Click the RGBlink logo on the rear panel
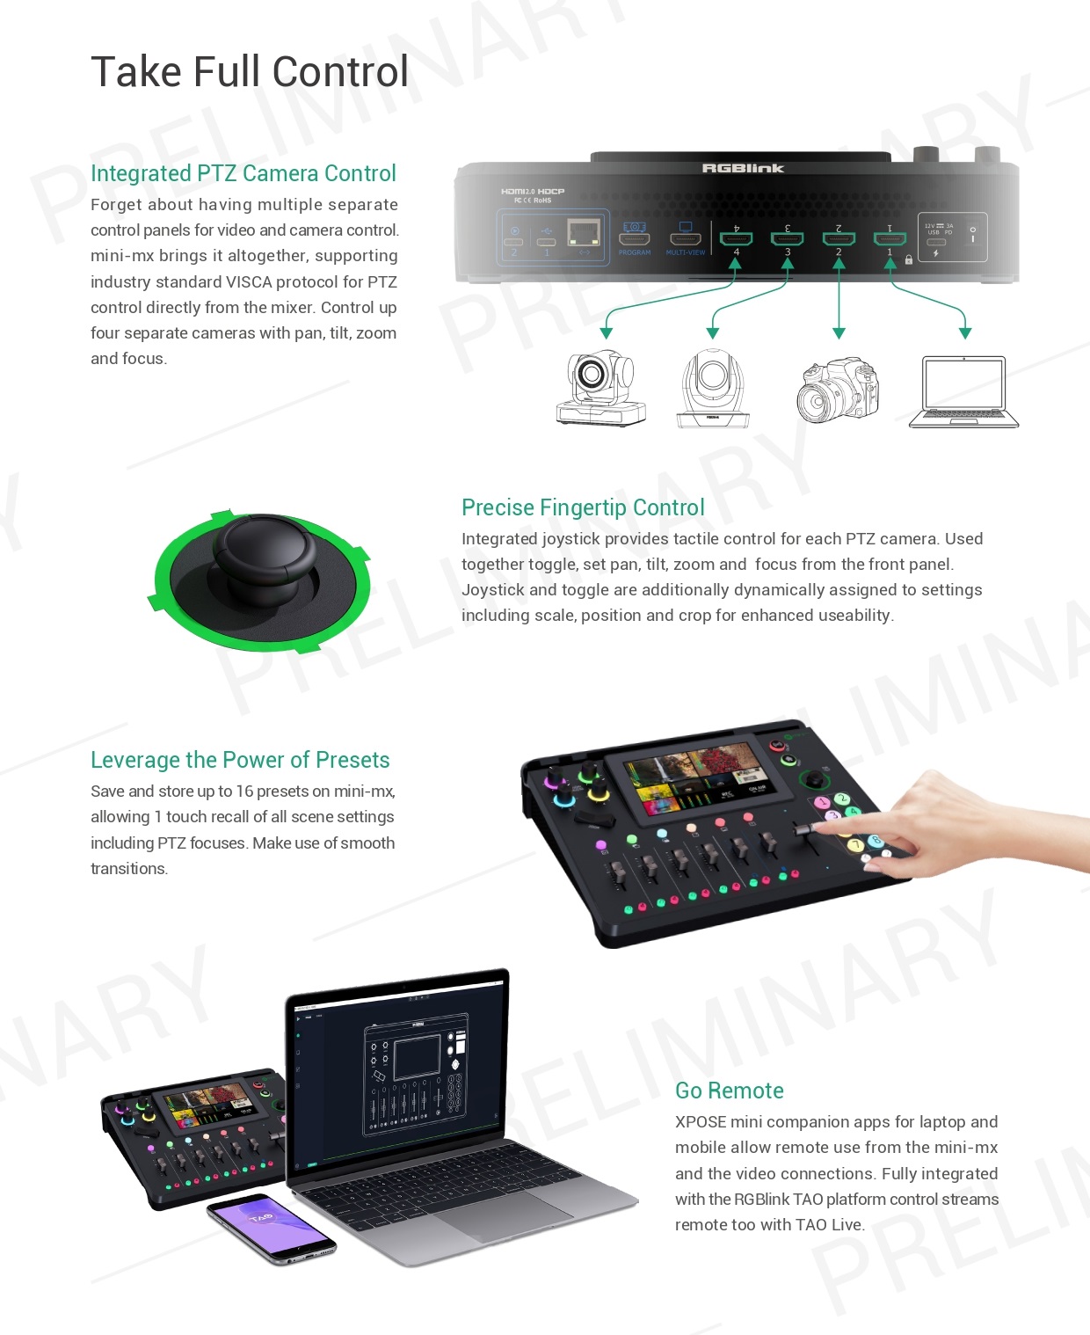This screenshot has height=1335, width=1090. coord(743,168)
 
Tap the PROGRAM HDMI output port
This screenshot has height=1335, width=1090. coord(634,238)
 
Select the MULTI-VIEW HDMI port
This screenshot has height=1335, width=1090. coord(685,238)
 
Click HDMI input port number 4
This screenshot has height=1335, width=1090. coord(736,237)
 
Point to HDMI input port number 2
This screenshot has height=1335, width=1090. coord(839,237)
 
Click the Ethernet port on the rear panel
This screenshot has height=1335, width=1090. coord(584,234)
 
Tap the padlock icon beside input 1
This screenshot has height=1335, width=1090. coord(909,259)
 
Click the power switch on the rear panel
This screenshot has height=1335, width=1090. coord(972,235)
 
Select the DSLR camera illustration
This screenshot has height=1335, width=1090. coord(837,390)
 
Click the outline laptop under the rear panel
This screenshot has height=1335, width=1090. coord(963,392)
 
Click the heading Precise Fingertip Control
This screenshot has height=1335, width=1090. coord(583,507)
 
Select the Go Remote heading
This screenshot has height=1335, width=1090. coord(729,1091)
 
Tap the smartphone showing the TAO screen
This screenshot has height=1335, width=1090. coord(271,1229)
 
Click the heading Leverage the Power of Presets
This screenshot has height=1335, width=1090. coord(240,760)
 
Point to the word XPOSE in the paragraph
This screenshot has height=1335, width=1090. coord(701,1122)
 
